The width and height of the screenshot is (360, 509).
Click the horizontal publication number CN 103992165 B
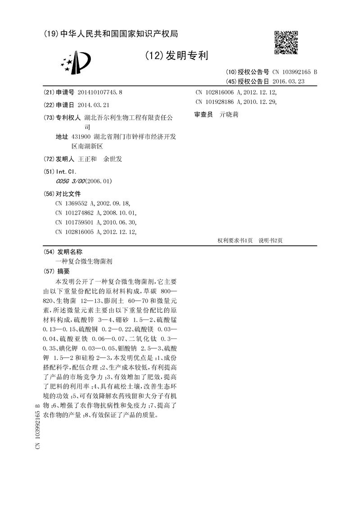[294, 72]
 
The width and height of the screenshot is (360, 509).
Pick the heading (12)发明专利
[177, 56]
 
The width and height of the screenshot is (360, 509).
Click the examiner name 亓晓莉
[229, 115]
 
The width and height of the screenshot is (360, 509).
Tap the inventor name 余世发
[112, 159]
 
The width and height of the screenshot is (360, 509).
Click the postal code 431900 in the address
[80, 137]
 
